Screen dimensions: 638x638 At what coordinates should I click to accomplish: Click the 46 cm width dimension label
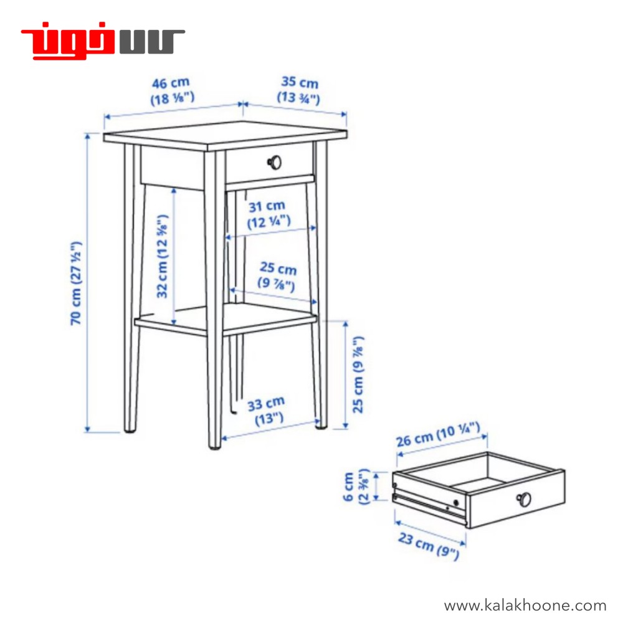point(172,91)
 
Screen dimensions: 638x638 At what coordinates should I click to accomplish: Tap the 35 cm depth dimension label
point(299,90)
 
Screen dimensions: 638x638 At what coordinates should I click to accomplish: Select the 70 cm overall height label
point(76,283)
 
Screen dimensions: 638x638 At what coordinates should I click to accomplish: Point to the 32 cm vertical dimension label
point(163,256)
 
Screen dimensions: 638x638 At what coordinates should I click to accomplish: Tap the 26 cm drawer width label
point(439,434)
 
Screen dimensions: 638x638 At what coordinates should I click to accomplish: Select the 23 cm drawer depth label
point(429,545)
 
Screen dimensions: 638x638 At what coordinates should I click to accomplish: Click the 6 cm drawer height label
point(356,486)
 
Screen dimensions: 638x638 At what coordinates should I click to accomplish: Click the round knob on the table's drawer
point(275,163)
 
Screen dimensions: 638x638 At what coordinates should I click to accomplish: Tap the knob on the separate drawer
point(524,499)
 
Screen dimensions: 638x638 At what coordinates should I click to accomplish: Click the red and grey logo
point(103,40)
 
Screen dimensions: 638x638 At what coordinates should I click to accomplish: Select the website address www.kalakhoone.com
point(525,606)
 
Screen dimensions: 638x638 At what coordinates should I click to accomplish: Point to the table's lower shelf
point(225,320)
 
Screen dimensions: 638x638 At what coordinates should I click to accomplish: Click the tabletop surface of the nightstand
point(225,135)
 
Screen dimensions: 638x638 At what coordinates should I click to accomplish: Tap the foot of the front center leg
point(214,446)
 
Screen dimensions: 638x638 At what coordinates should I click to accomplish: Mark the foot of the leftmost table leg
point(130,429)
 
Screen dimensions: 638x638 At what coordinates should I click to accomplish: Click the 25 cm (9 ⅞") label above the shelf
point(277,277)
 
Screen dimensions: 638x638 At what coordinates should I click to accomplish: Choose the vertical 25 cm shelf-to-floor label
point(358,374)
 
